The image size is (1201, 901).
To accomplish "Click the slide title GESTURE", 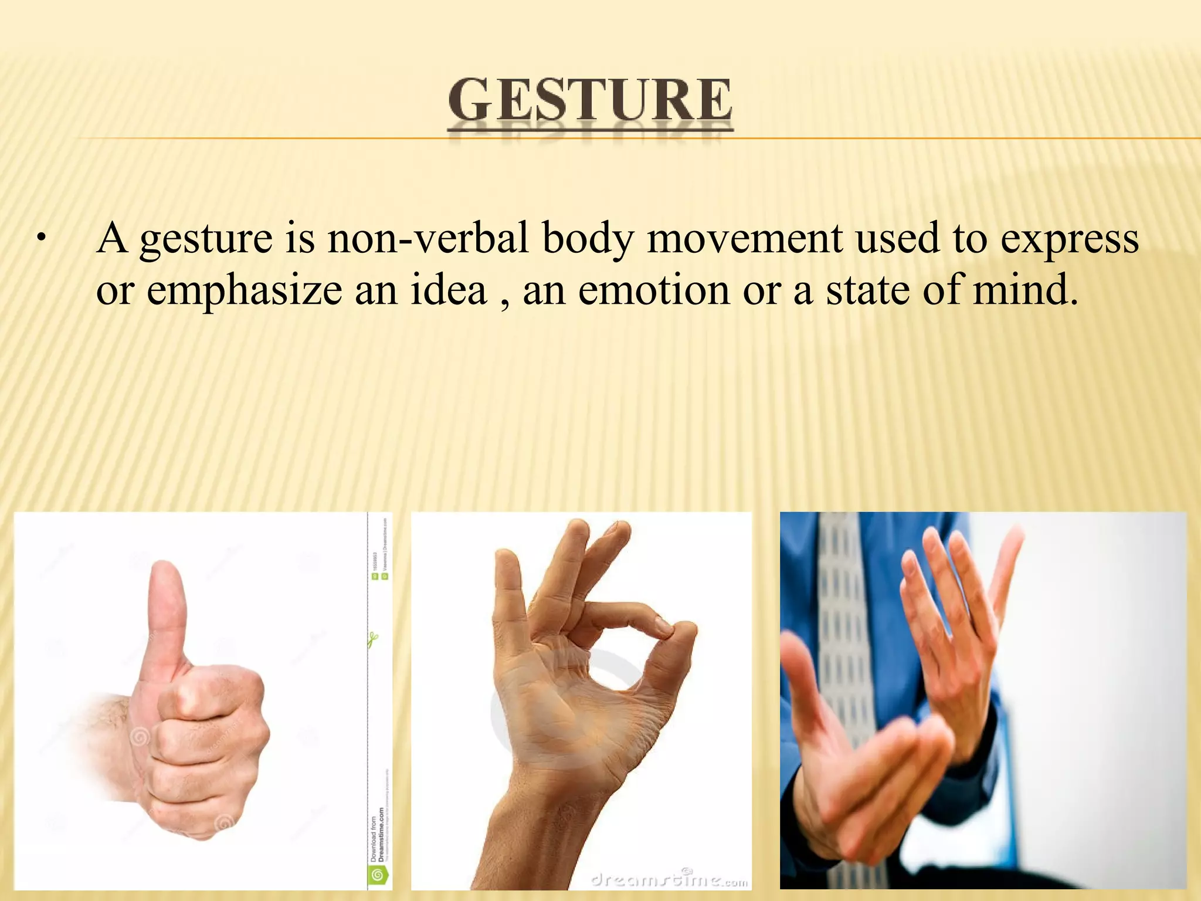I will tap(590, 101).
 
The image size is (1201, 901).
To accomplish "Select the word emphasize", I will tap(244, 290).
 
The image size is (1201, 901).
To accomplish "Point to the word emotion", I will tap(653, 289).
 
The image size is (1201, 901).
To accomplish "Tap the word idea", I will tap(448, 289).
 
